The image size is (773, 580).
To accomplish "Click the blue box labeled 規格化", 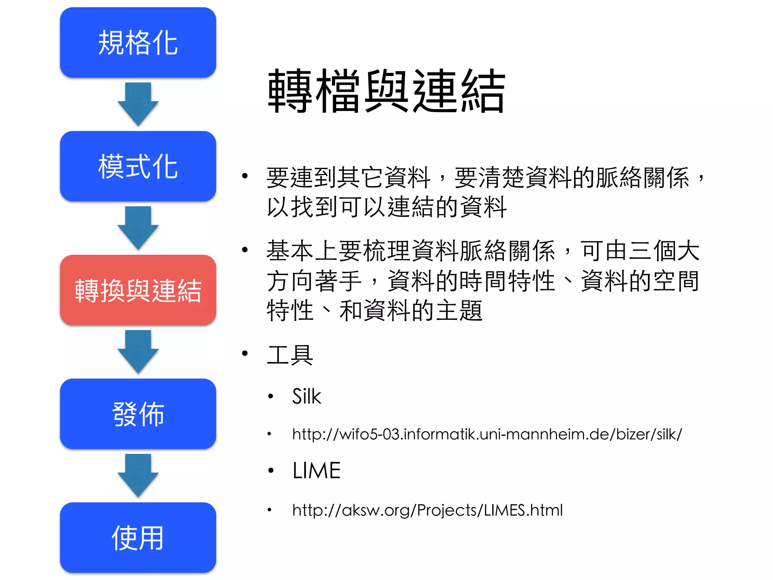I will tap(138, 43).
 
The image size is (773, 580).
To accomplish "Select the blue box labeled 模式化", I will tap(138, 167).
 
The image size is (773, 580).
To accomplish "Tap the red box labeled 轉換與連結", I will tap(138, 290).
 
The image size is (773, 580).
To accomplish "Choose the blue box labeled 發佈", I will tap(138, 414).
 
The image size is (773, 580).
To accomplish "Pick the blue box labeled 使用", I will tap(138, 538).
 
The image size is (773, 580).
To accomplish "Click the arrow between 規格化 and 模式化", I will tap(138, 104).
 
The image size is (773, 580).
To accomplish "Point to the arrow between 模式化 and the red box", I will tap(138, 228).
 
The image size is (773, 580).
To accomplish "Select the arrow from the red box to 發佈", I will tap(138, 352).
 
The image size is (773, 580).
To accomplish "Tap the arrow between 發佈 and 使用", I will tap(138, 476).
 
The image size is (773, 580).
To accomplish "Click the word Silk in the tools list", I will tap(306, 396).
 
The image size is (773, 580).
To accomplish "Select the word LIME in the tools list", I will tap(316, 470).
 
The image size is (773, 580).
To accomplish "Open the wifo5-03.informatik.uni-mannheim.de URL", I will tap(487, 434).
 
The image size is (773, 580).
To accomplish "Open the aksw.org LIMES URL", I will tap(427, 510).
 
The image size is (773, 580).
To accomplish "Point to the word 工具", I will tap(290, 355).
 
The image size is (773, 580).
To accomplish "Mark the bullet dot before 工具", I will tap(245, 353).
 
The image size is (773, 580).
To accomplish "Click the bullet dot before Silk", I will tap(270, 396).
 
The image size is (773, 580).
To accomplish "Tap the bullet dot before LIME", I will tap(270, 470).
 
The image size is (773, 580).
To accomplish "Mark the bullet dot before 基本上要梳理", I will tap(245, 250).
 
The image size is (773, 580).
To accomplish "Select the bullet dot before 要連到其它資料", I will tap(245, 176).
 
